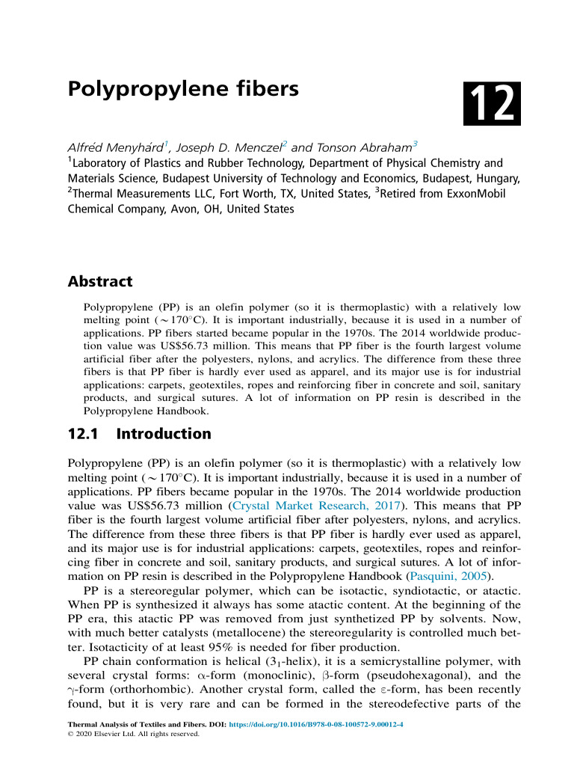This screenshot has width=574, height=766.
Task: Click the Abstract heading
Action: (x=100, y=282)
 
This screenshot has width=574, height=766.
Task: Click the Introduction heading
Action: (x=164, y=434)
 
